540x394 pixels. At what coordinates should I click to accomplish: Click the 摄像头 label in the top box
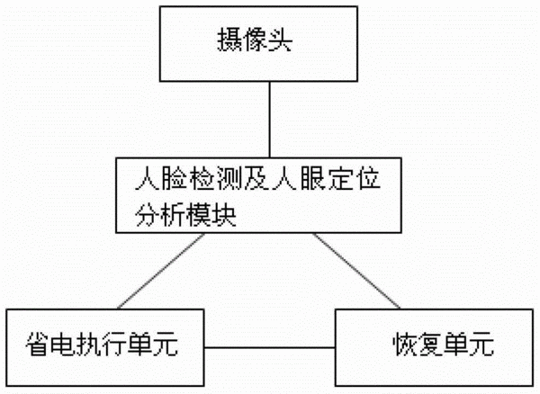255,40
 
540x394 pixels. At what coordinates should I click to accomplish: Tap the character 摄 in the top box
229,40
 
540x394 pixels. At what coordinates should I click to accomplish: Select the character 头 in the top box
280,40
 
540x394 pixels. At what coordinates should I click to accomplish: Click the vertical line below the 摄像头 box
270,120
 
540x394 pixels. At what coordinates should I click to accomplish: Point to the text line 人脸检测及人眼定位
257,178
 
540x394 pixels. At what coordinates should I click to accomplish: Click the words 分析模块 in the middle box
185,215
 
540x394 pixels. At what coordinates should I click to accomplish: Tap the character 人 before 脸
148,178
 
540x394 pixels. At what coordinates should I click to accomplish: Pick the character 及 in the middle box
257,178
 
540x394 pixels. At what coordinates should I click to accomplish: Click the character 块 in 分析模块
224,215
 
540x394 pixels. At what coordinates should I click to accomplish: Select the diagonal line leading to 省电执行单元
161,271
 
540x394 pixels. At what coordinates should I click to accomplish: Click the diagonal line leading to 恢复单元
356,271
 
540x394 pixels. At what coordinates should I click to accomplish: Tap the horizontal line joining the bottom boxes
270,347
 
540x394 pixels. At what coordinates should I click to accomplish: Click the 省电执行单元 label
102,345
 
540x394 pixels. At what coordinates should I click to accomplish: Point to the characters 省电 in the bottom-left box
51,345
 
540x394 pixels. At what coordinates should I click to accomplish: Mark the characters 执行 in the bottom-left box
102,345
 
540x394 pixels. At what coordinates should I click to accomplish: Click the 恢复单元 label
444,345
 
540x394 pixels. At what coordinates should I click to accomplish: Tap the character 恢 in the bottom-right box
406,345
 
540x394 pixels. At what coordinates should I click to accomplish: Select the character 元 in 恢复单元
481,345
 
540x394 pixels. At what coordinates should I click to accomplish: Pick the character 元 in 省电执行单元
166,345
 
